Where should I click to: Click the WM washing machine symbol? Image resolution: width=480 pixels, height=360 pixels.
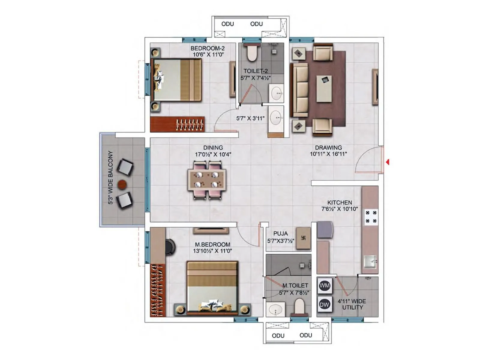click(325, 285)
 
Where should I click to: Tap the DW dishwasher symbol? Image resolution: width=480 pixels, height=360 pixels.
click(325, 304)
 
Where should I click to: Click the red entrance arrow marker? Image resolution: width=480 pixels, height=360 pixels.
click(388, 162)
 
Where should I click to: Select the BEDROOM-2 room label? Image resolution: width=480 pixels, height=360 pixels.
click(208, 48)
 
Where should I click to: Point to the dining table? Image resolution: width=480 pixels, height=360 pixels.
click(207, 180)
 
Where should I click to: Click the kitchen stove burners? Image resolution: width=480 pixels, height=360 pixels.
click(371, 217)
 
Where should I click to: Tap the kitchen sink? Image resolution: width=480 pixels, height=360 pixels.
click(370, 262)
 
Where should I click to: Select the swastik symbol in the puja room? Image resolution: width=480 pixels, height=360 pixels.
click(303, 238)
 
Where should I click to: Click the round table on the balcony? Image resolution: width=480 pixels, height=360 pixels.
click(122, 184)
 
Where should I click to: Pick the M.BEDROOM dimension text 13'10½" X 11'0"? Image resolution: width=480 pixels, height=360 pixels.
click(212, 251)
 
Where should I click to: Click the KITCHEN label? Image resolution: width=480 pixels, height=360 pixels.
click(340, 202)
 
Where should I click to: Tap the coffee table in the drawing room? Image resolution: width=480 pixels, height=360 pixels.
click(324, 88)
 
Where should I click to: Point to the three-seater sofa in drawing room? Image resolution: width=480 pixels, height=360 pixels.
click(300, 90)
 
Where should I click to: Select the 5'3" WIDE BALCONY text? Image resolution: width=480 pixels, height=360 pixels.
click(110, 178)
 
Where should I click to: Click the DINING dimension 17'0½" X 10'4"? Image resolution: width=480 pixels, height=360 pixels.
click(213, 154)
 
